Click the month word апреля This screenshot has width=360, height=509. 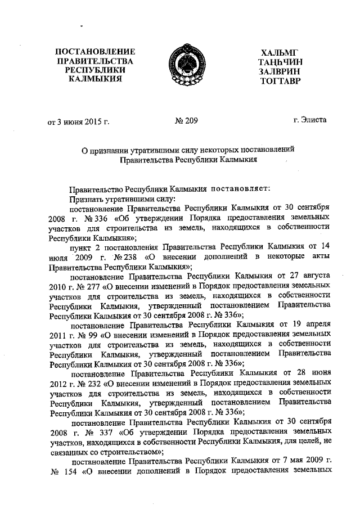313,325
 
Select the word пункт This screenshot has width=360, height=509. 81,247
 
